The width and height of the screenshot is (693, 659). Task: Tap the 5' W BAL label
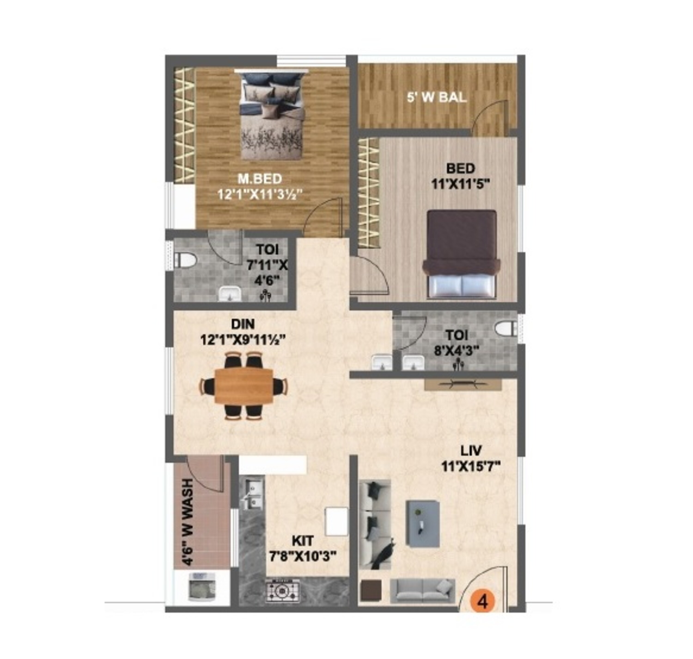pos(437,97)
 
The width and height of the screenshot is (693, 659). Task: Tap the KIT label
pos(303,541)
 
